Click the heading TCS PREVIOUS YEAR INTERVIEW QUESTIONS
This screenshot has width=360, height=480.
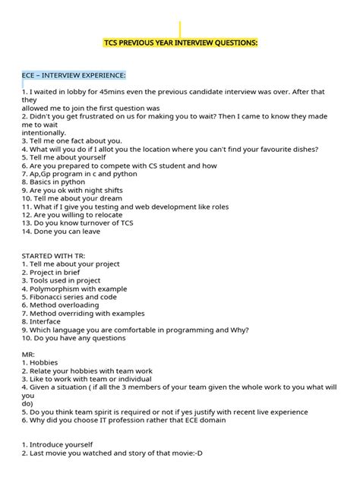(180, 43)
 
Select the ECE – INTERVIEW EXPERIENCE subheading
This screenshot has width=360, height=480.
(74, 74)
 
